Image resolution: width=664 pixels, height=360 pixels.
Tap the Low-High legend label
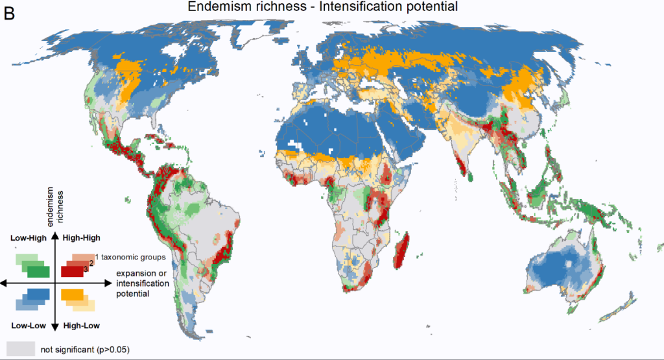[27, 238]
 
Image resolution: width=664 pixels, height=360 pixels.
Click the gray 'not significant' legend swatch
[19, 349]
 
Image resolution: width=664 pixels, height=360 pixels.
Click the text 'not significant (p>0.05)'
[85, 350]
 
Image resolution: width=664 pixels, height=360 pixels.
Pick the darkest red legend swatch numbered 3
[72, 271]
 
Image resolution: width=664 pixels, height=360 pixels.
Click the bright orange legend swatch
[73, 295]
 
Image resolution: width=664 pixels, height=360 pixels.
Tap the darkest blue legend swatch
[38, 294]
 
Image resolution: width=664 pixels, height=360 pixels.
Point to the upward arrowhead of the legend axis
[56, 235]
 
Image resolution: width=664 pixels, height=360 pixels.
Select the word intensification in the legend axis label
[142, 284]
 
